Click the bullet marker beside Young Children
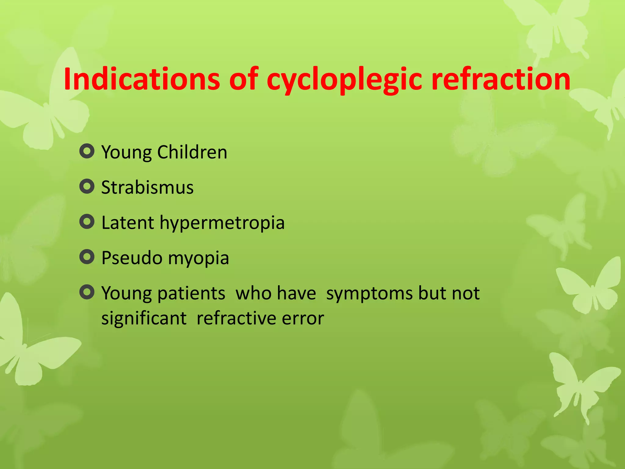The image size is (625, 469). click(x=87, y=151)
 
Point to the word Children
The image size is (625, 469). click(x=192, y=152)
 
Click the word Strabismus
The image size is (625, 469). click(x=147, y=187)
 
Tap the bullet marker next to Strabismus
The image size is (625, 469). click(x=87, y=186)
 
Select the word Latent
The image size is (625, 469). click(x=128, y=222)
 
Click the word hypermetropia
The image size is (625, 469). click(x=222, y=223)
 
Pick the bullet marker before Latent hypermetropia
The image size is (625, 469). click(x=87, y=221)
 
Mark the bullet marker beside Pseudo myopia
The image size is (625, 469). click(x=87, y=257)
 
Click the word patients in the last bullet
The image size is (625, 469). click(x=191, y=293)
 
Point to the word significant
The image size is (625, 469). click(x=144, y=318)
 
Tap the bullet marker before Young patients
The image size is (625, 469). click(x=87, y=292)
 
